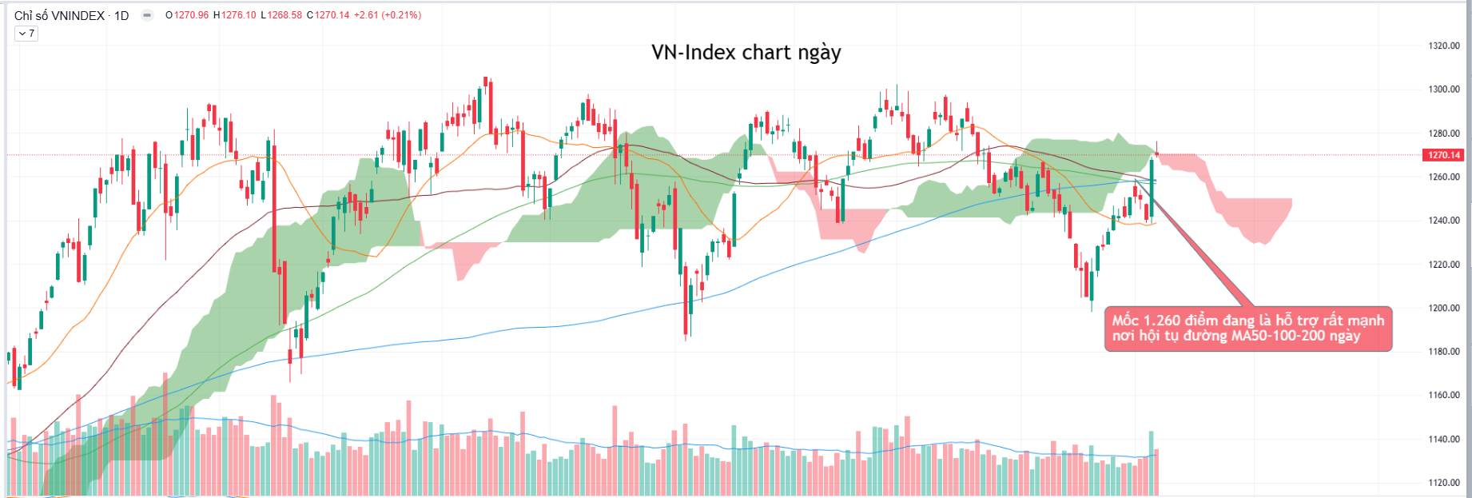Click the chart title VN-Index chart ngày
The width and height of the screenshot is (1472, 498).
[746, 53]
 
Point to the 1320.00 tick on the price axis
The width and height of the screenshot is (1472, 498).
[1444, 46]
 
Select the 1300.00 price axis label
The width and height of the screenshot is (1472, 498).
[1444, 90]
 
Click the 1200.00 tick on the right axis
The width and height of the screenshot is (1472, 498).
[1444, 309]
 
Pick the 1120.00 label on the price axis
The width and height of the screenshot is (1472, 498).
[1444, 483]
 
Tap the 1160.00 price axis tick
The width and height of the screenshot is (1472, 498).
[1444, 396]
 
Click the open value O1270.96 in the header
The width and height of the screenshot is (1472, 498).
[187, 15]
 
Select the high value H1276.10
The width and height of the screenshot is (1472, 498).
[235, 15]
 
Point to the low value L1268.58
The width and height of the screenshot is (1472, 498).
[282, 15]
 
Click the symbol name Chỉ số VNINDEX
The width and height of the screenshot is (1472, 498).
[59, 15]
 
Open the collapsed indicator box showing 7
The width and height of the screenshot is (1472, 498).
[26, 34]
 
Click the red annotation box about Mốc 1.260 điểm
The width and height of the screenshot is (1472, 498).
[1248, 329]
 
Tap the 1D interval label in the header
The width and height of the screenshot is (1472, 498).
[121, 15]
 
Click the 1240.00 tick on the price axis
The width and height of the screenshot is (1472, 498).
[1444, 221]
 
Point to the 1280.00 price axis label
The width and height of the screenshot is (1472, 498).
[1444, 133]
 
